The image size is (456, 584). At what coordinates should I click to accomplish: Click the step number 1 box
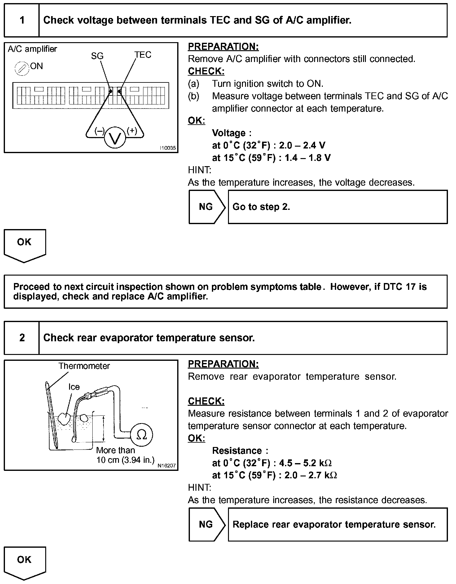tap(22, 20)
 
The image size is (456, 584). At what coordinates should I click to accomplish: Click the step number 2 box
tap(22, 338)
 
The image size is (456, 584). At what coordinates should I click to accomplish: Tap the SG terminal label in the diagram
tap(97, 56)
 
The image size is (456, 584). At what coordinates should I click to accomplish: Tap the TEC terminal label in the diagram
tap(143, 55)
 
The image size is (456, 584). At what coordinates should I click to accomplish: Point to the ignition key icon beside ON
tap(22, 69)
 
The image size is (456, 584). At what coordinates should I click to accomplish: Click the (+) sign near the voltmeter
tap(132, 131)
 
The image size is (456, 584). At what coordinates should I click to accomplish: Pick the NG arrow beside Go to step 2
tap(206, 207)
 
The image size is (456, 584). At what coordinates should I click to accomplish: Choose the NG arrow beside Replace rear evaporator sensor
tap(206, 524)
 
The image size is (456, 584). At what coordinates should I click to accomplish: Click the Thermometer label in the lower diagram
tap(84, 366)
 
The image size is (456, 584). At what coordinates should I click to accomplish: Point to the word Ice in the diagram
tap(74, 387)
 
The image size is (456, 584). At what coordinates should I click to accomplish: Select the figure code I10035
tap(168, 148)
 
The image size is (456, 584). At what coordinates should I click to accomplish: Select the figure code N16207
tap(167, 466)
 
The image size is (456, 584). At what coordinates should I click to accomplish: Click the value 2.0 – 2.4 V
tap(302, 145)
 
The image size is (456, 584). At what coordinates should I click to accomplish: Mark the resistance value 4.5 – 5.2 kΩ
tap(305, 463)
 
